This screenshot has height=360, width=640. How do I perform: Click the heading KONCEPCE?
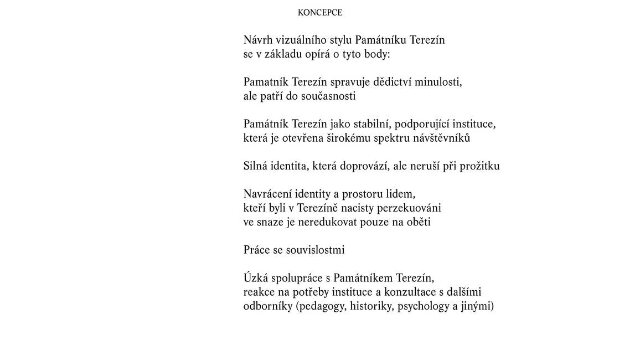(x=319, y=13)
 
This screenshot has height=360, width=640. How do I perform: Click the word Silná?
(x=256, y=166)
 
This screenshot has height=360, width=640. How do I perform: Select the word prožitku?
(x=479, y=166)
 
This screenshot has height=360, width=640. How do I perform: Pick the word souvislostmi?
(x=315, y=250)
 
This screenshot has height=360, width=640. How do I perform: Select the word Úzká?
(x=256, y=277)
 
